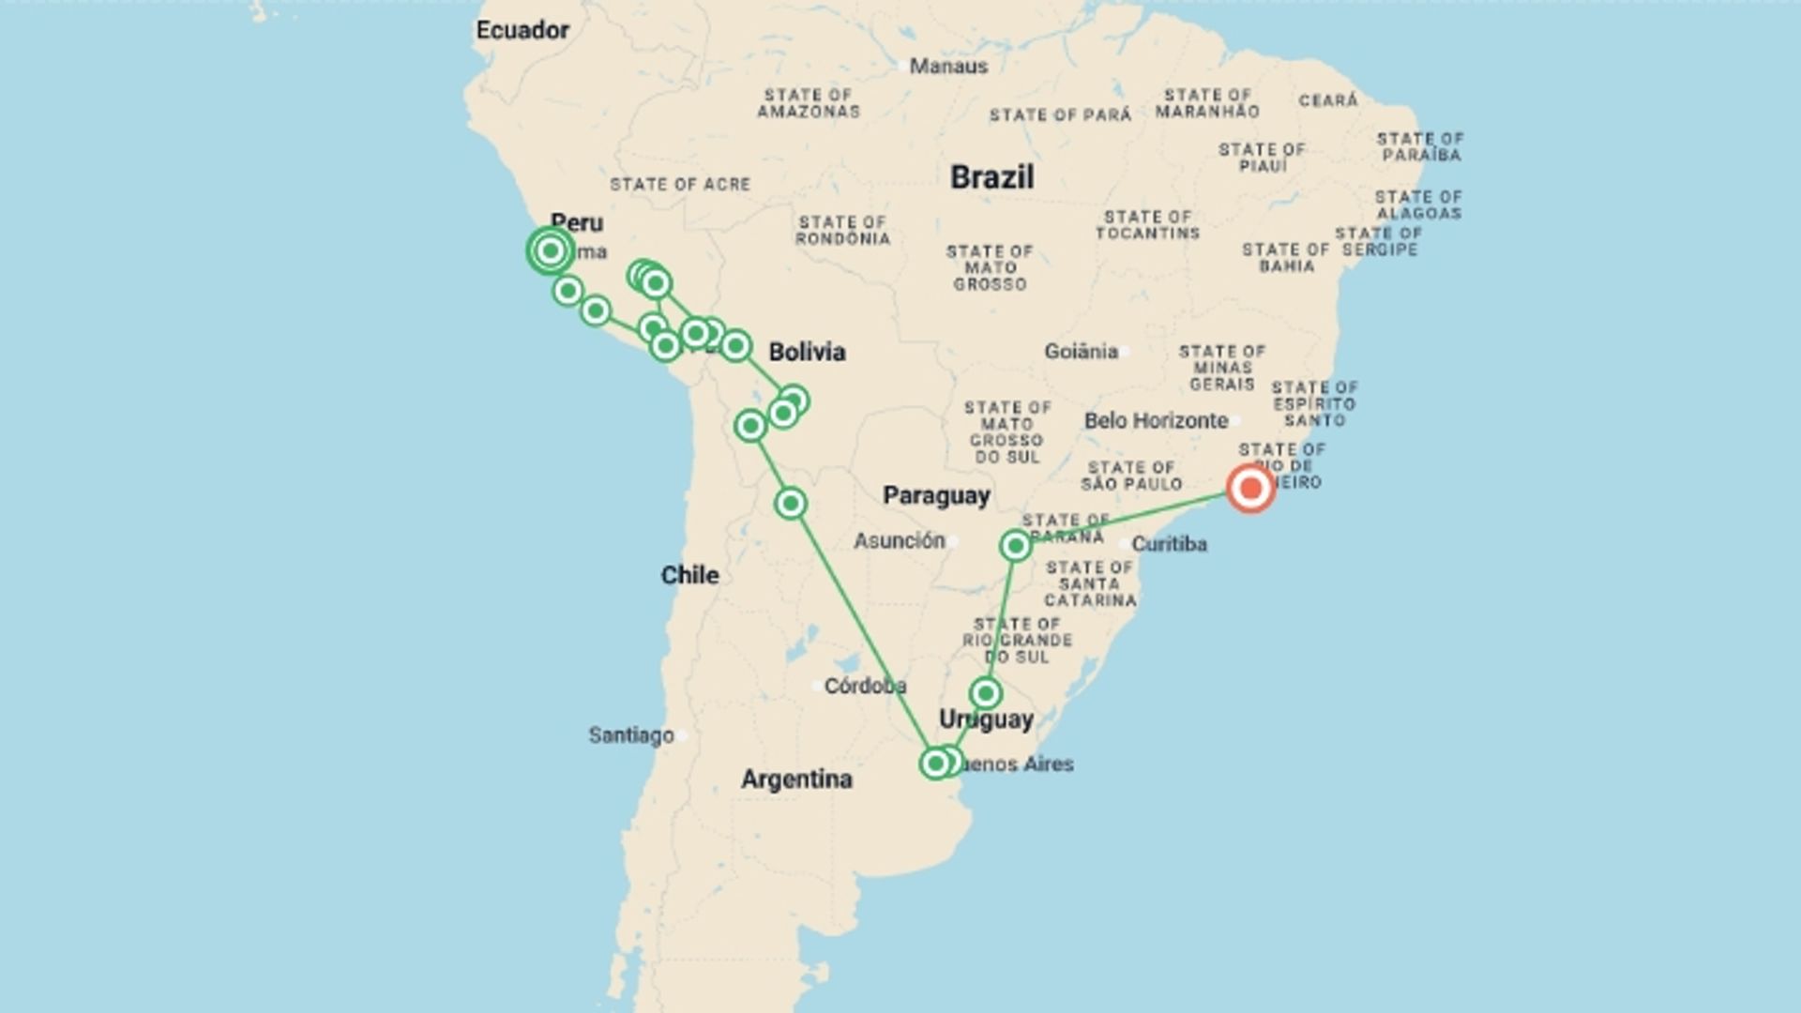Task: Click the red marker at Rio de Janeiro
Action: [1250, 489]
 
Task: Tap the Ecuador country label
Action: [522, 30]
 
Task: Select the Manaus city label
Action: [948, 67]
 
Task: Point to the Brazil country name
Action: [991, 177]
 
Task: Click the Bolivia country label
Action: [807, 352]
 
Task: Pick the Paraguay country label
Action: [936, 496]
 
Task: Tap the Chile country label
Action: [689, 575]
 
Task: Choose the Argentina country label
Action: [796, 779]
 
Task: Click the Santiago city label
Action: [631, 735]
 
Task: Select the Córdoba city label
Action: [865, 687]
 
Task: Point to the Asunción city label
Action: [899, 540]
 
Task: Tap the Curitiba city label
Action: [1169, 544]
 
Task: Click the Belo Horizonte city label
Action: [1156, 420]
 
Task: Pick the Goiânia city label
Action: [1082, 351]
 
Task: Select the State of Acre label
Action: [680, 185]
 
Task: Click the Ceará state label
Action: [1328, 100]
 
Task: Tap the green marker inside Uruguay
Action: [986, 693]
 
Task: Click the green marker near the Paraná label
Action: [1015, 546]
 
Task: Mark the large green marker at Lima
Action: [551, 250]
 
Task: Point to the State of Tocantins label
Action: [1147, 225]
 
